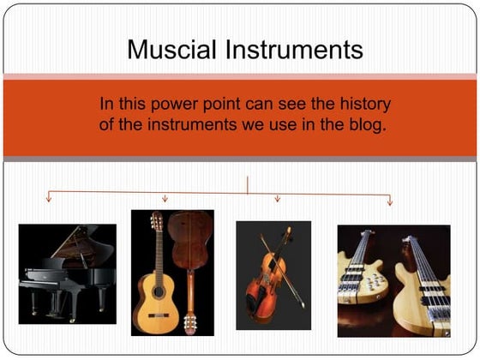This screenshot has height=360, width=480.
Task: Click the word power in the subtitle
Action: (x=178, y=105)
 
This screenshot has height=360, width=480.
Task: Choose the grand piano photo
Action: (x=67, y=272)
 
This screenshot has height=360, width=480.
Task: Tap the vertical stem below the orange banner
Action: (x=248, y=183)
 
